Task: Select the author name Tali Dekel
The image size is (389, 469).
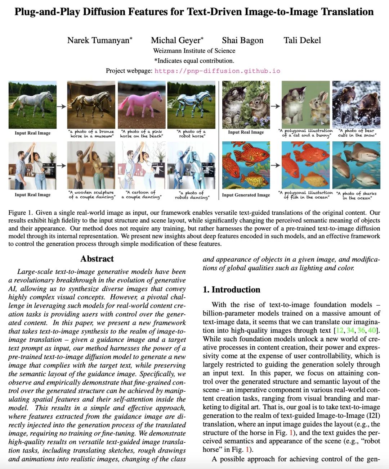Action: [x=302, y=40]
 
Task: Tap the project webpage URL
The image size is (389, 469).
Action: [x=217, y=71]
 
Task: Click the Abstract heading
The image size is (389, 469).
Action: [x=97, y=259]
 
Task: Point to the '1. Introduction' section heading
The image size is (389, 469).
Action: [x=231, y=290]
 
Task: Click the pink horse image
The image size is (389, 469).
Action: [x=142, y=105]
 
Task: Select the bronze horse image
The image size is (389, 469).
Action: [x=91, y=105]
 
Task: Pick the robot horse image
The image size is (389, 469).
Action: [x=191, y=105]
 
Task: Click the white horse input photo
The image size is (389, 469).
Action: [x=32, y=105]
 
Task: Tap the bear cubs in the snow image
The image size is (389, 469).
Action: [x=356, y=104]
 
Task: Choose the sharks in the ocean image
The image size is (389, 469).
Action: [x=356, y=165]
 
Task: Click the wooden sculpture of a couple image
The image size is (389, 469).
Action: [x=91, y=165]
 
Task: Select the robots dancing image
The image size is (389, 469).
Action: [x=191, y=165]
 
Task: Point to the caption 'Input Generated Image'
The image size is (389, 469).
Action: [x=246, y=195]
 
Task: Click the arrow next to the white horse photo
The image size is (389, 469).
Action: [x=62, y=106]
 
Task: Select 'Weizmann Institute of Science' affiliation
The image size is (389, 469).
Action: [x=194, y=51]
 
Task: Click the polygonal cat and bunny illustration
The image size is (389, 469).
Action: [x=305, y=104]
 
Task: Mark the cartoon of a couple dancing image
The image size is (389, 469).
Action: [x=142, y=165]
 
